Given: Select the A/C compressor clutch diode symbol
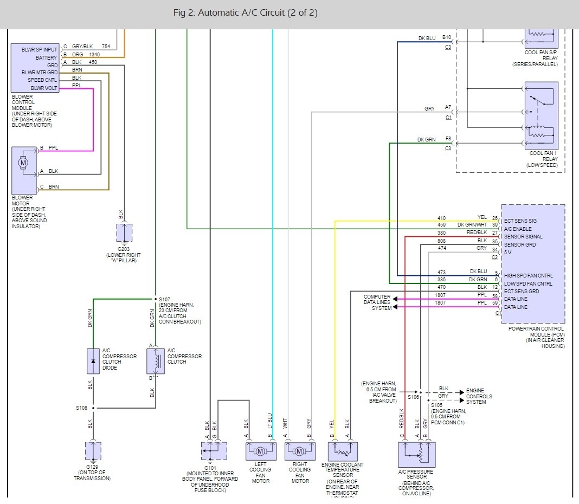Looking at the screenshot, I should pyautogui.click(x=93, y=361).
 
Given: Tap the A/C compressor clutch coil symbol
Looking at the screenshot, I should pyautogui.click(x=156, y=361).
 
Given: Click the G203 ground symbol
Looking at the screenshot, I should pyautogui.click(x=124, y=233).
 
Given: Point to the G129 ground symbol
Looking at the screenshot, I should pyautogui.click(x=93, y=451).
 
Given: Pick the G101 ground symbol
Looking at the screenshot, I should pyautogui.click(x=214, y=450).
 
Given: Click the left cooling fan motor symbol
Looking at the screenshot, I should pyautogui.click(x=261, y=451).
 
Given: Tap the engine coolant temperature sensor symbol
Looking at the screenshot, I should pyautogui.click(x=343, y=451).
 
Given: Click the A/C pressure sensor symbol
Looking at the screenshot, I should pyautogui.click(x=416, y=454).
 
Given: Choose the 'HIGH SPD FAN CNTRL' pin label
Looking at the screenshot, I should pyautogui.click(x=529, y=276).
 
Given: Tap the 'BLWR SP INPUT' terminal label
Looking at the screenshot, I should pyautogui.click(x=40, y=49).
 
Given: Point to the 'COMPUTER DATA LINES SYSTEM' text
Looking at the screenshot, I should pyautogui.click(x=377, y=302).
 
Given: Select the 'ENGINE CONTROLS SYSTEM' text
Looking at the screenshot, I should pyautogui.click(x=479, y=396).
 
